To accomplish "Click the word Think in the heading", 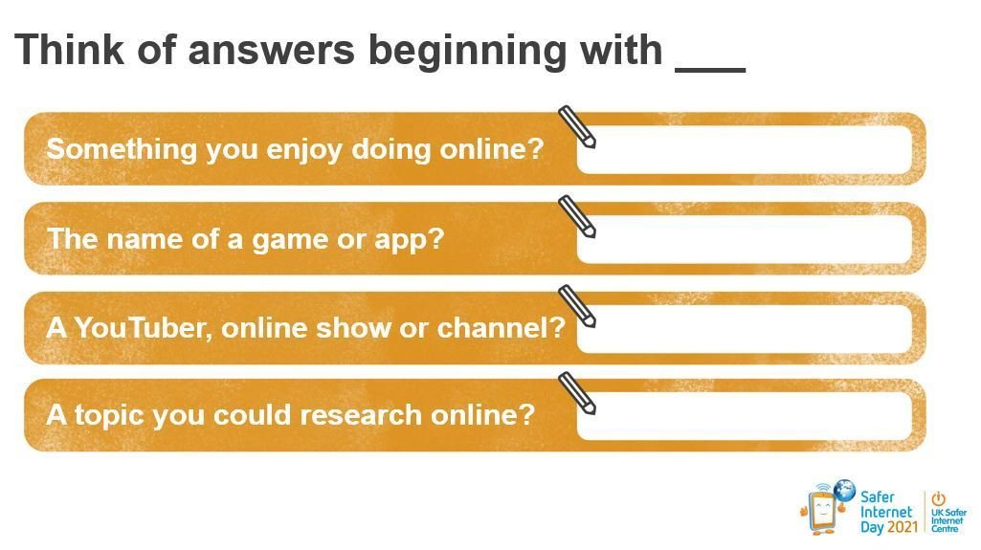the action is click(70, 50).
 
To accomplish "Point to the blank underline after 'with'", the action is click(710, 71).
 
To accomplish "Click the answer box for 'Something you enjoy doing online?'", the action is click(745, 149).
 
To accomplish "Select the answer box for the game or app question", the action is click(745, 239).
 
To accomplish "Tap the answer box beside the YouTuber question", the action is click(745, 329).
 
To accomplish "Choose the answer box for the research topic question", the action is click(745, 416).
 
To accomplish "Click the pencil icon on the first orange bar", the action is click(576, 127).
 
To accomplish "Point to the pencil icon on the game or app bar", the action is click(576, 217).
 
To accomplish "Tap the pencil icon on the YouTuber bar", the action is click(576, 306).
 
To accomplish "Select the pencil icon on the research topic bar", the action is click(576, 393).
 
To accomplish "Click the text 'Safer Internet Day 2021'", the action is click(888, 512).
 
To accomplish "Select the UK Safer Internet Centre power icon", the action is click(938, 498).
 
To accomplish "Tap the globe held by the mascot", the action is click(845, 490).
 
